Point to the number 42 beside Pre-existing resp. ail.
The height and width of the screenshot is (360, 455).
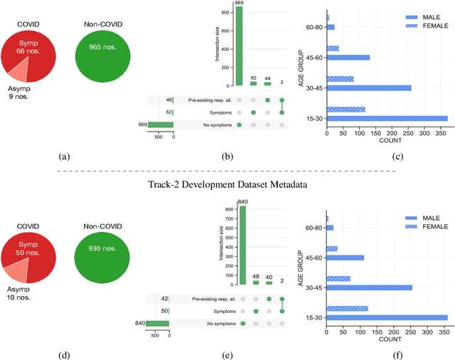pos(164,300)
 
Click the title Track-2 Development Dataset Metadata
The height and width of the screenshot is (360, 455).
pos(227,185)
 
